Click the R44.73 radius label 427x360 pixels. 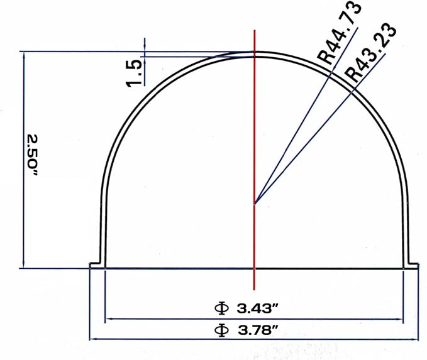coord(340,33)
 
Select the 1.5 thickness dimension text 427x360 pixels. coord(134,74)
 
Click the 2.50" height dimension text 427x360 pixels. coord(32,155)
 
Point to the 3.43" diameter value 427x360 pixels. coord(257,308)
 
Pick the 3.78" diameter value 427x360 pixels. coord(258,330)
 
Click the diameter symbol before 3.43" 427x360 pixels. coord(221,308)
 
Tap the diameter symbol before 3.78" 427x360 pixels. coord(221,330)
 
